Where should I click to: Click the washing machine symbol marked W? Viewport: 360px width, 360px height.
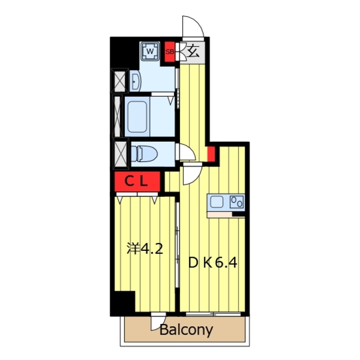pos(150,51)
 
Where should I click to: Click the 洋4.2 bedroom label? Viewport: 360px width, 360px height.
pos(145,249)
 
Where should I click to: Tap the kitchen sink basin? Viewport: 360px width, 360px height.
pos(217,201)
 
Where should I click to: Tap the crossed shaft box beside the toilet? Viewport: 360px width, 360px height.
pos(120,152)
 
